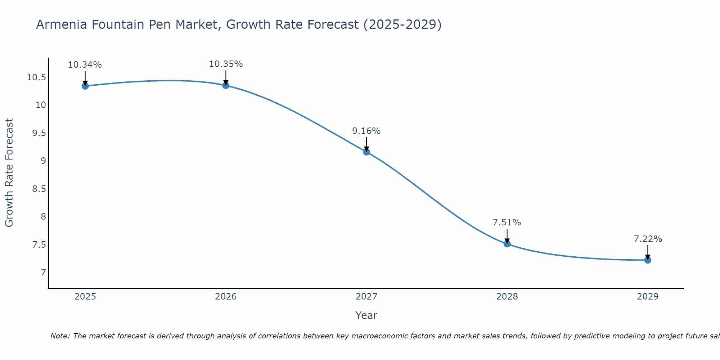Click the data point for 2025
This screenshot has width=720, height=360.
(x=85, y=86)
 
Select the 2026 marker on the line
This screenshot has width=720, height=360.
(x=226, y=85)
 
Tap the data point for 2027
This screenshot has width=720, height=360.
(x=366, y=152)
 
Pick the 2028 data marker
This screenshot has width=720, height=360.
(x=507, y=244)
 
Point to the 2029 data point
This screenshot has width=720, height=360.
(x=648, y=260)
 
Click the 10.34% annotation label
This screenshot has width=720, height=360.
(x=85, y=65)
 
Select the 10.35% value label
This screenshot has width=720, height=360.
(x=226, y=64)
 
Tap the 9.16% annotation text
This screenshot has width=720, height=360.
(x=366, y=131)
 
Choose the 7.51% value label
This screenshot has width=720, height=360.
(x=507, y=222)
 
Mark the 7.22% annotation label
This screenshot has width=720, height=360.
(x=648, y=239)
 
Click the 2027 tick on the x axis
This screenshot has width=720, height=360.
(x=366, y=297)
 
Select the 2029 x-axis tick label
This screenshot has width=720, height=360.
(x=648, y=297)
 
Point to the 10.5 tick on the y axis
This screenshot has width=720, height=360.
(x=36, y=77)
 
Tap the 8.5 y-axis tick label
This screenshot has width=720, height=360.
(x=39, y=189)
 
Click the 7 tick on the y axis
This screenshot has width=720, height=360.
(x=44, y=272)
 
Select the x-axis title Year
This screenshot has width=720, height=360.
(x=366, y=315)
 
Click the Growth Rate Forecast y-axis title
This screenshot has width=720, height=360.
(x=9, y=173)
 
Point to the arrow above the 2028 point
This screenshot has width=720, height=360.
(x=507, y=235)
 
